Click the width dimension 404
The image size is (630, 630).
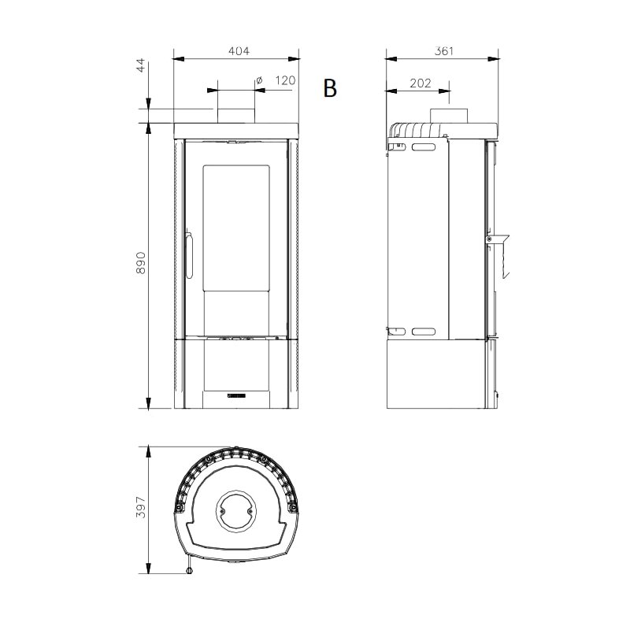click(x=238, y=51)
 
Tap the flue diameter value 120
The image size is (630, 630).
click(x=284, y=80)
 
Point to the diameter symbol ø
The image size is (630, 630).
click(x=259, y=80)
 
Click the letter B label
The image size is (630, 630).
click(x=330, y=89)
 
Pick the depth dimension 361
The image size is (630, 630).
click(x=443, y=51)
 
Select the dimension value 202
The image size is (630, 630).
click(x=420, y=81)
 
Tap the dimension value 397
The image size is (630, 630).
click(x=142, y=509)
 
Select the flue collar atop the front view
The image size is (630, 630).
click(x=235, y=115)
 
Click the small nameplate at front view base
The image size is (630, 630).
click(x=237, y=391)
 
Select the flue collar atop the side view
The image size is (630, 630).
click(x=448, y=115)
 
